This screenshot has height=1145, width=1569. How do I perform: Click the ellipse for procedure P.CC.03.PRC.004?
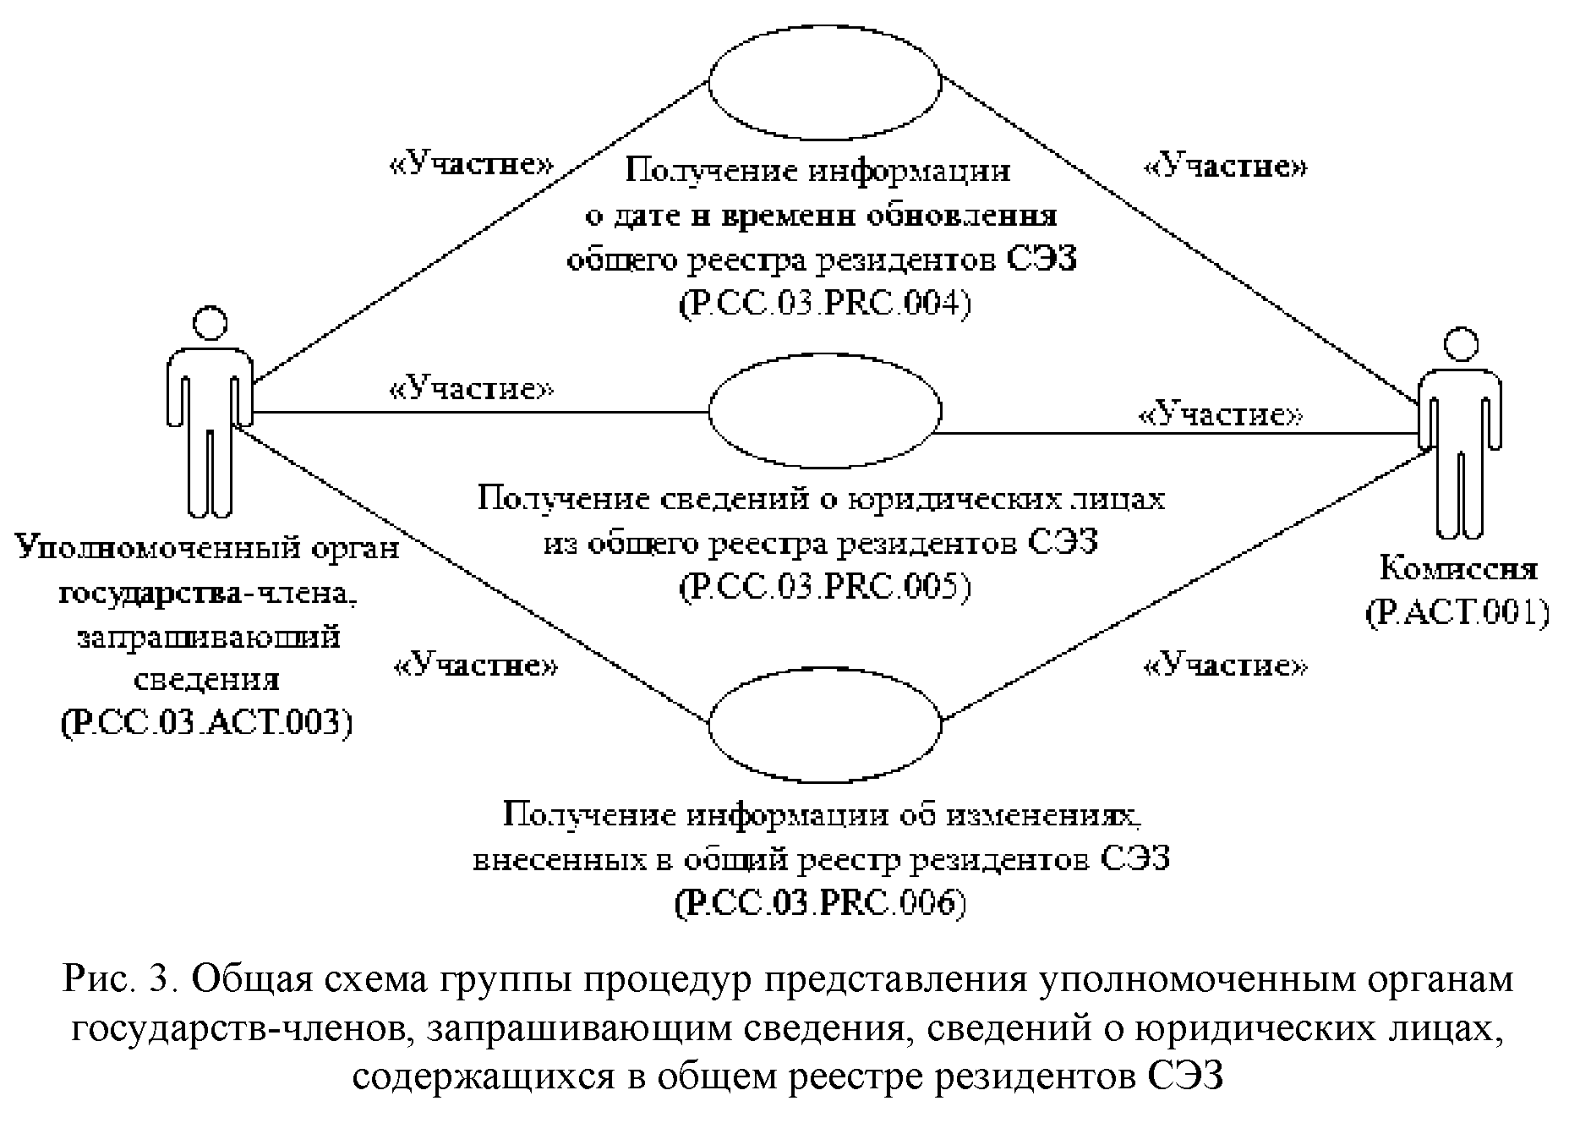tap(824, 83)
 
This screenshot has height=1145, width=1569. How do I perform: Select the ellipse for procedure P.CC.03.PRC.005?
tap(824, 411)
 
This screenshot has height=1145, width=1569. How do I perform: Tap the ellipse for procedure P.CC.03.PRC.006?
tap(824, 724)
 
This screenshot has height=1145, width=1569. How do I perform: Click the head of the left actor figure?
tap(210, 322)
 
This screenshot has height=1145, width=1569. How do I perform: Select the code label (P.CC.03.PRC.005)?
tap(824, 586)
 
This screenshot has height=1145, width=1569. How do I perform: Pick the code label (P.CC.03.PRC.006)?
tap(820, 904)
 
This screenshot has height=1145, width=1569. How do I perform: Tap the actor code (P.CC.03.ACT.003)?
tap(206, 724)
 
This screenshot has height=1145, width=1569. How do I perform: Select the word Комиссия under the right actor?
tap(1457, 568)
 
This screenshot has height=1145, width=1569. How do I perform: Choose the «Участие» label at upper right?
tap(1225, 167)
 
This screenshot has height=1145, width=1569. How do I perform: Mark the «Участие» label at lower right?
tap(1225, 666)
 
